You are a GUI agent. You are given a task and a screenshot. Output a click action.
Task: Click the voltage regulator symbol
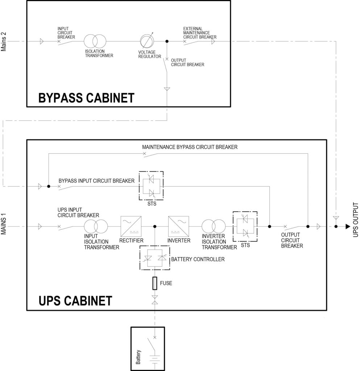click(147, 41)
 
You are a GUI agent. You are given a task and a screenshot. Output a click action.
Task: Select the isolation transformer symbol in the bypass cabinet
click(94, 41)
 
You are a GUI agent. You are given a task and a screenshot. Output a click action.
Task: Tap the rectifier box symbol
click(131, 227)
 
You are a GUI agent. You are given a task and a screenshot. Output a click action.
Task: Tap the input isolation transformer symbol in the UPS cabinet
click(94, 227)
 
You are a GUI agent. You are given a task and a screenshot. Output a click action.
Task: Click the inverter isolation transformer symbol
click(211, 227)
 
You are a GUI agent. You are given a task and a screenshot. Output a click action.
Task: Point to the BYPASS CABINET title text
click(86, 98)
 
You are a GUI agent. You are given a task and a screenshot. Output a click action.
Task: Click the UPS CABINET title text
click(75, 301)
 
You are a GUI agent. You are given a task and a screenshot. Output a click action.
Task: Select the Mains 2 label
click(4, 42)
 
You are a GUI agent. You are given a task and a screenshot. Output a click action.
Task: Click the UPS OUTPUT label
click(355, 222)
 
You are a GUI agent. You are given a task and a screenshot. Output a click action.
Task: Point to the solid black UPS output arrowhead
click(348, 227)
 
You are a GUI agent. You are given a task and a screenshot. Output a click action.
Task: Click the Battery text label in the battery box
click(138, 357)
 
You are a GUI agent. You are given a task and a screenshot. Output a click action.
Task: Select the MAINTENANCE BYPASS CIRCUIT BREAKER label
click(190, 147)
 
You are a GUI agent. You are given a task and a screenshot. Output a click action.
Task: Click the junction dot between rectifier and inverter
click(155, 227)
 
